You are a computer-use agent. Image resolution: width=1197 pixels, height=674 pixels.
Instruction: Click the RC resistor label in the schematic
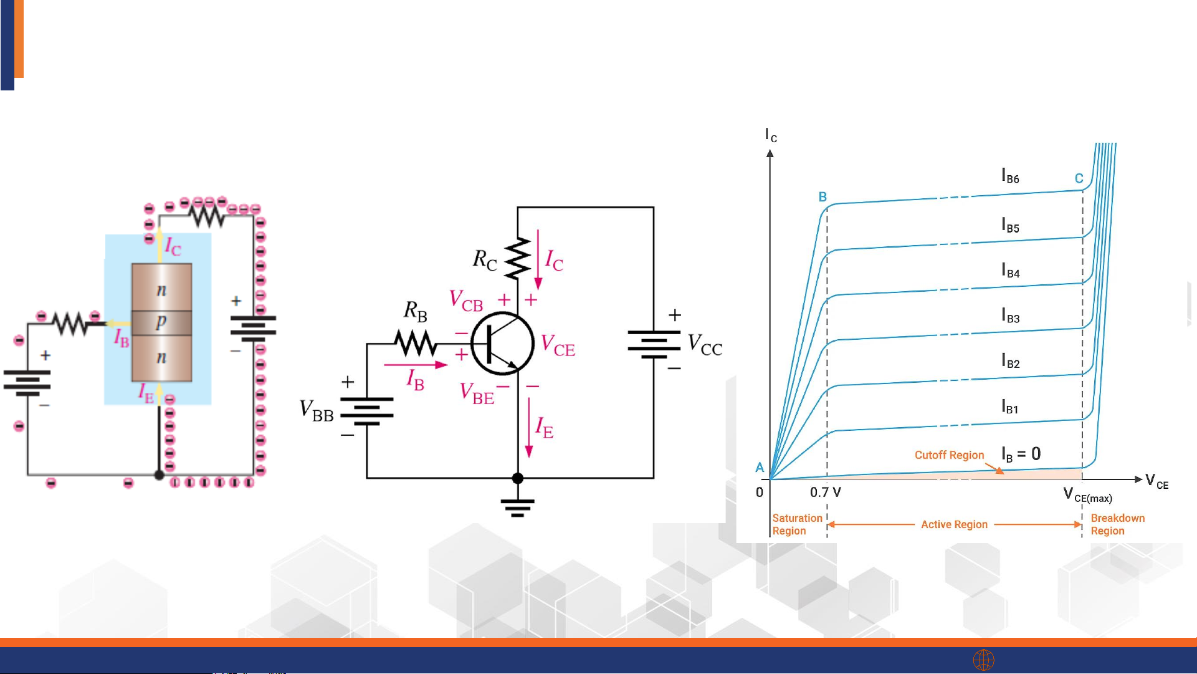click(485, 259)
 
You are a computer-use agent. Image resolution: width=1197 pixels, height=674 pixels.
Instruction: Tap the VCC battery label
click(705, 345)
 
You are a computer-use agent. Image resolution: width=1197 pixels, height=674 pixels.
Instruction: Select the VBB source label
click(317, 411)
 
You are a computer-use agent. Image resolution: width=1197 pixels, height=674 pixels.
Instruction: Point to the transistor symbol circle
click(502, 344)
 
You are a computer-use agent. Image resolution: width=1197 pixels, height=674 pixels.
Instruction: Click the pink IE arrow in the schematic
click(529, 428)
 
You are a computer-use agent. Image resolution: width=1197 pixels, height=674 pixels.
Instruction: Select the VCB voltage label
click(466, 301)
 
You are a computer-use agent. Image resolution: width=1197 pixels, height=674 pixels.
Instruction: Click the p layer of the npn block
click(161, 322)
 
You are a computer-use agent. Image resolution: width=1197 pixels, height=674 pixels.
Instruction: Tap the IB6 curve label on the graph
click(1010, 176)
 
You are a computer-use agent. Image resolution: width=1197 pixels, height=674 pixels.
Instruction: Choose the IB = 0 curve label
click(1021, 454)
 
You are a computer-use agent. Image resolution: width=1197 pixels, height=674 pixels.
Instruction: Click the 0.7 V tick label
click(826, 493)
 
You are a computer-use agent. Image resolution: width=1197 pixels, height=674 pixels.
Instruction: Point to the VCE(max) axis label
click(1087, 496)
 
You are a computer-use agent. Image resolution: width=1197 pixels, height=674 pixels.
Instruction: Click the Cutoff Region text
click(949, 455)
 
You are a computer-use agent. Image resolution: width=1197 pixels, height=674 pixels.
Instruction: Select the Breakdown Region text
click(1117, 524)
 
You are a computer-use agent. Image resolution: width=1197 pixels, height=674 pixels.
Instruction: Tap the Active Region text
click(954, 525)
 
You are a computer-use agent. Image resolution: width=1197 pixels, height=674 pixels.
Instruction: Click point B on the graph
click(823, 197)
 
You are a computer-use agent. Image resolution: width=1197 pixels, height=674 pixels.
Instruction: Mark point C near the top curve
click(1079, 178)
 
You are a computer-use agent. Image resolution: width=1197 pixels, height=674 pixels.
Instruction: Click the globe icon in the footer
click(983, 660)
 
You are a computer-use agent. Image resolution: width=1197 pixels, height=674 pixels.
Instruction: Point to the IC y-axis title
click(771, 135)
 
